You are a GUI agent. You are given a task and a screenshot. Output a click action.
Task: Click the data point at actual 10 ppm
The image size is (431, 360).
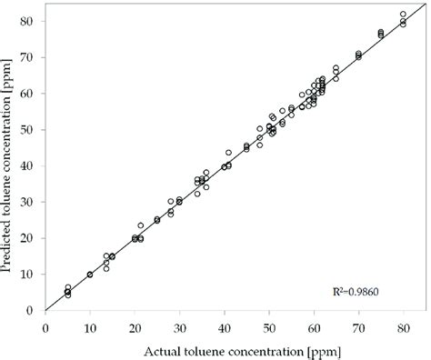90,275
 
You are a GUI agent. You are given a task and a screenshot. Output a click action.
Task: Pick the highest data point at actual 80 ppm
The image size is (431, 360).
403,15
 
